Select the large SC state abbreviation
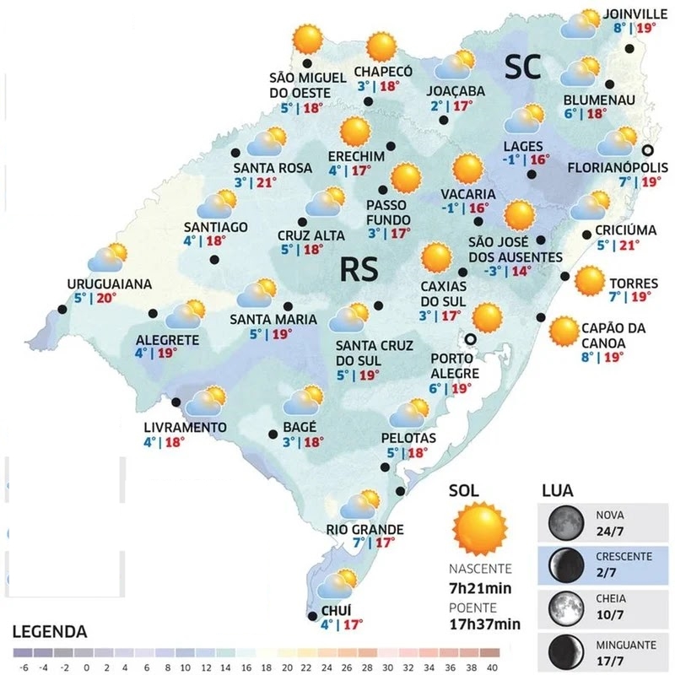pyautogui.click(x=522, y=67)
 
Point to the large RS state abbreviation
pyautogui.click(x=359, y=269)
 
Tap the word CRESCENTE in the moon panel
pyautogui.click(x=624, y=557)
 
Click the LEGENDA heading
pyautogui.click(x=49, y=631)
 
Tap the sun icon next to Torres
pyautogui.click(x=589, y=280)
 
